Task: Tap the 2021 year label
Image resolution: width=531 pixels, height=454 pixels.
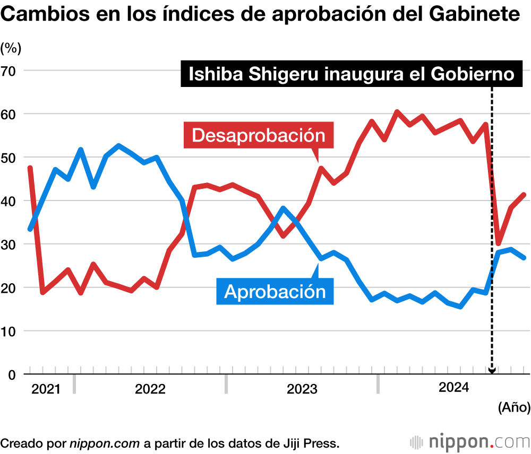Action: click(46, 389)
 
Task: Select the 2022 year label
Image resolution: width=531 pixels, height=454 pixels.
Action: click(150, 389)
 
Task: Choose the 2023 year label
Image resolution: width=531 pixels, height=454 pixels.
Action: click(302, 389)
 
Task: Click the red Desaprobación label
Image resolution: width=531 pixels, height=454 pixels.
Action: click(259, 135)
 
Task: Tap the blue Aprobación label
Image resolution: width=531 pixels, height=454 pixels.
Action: click(275, 291)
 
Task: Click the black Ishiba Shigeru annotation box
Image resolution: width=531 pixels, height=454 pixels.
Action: click(352, 74)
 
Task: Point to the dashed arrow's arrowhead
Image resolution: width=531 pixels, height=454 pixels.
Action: click(492, 371)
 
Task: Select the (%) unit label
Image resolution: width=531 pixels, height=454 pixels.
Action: click(11, 48)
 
